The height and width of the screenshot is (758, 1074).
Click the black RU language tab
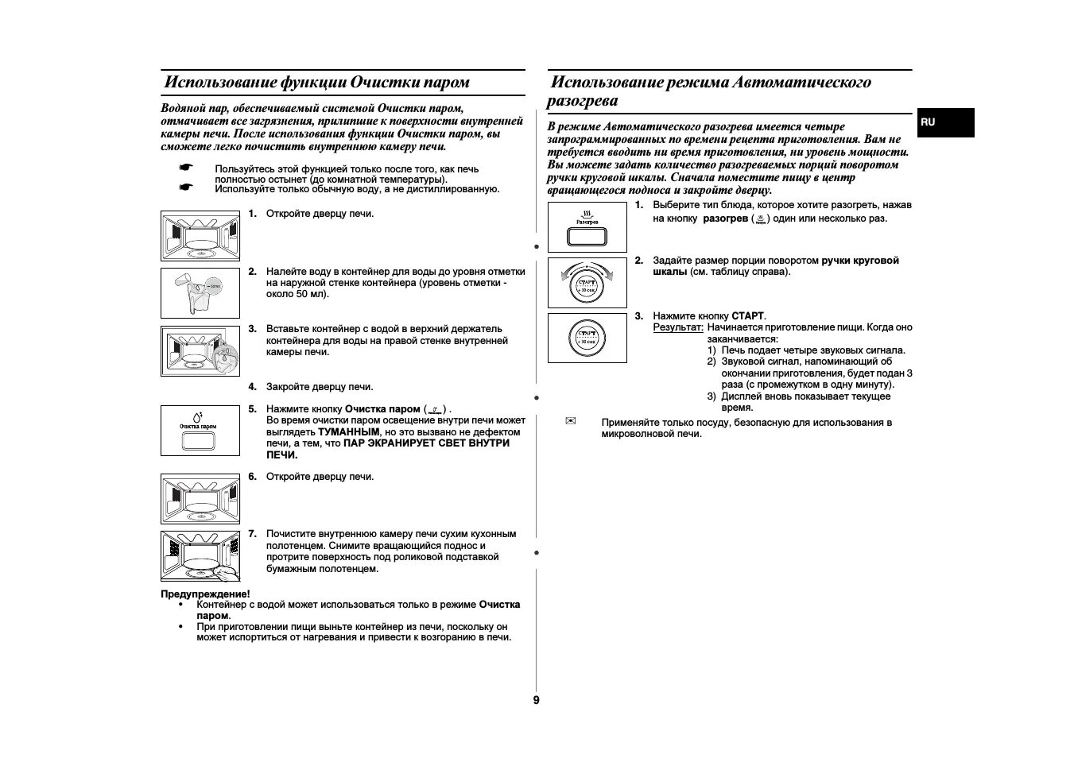pos(944,122)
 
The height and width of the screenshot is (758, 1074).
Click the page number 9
pos(536,700)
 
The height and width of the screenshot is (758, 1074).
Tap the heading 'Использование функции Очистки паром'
pos(316,83)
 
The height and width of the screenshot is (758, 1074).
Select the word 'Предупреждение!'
pos(205,594)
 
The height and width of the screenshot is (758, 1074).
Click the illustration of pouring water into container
pos(200,292)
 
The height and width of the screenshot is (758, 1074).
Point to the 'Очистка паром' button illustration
pos(200,431)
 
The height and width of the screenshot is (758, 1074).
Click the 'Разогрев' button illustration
pos(587,227)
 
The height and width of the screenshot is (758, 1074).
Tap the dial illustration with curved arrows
pos(587,283)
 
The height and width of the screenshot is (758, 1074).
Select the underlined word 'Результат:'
pos(678,327)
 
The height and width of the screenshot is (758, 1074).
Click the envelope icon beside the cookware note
pos(569,421)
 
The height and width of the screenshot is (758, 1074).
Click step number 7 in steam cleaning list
pos(252,534)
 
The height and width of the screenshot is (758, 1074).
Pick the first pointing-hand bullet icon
pos(185,168)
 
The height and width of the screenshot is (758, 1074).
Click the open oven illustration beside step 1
pos(200,236)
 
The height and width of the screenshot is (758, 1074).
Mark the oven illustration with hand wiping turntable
pos(200,555)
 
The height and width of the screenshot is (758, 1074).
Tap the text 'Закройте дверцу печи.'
pos(320,387)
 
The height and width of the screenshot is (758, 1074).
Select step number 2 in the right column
pos(638,261)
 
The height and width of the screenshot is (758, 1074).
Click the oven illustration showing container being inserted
pos(200,350)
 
